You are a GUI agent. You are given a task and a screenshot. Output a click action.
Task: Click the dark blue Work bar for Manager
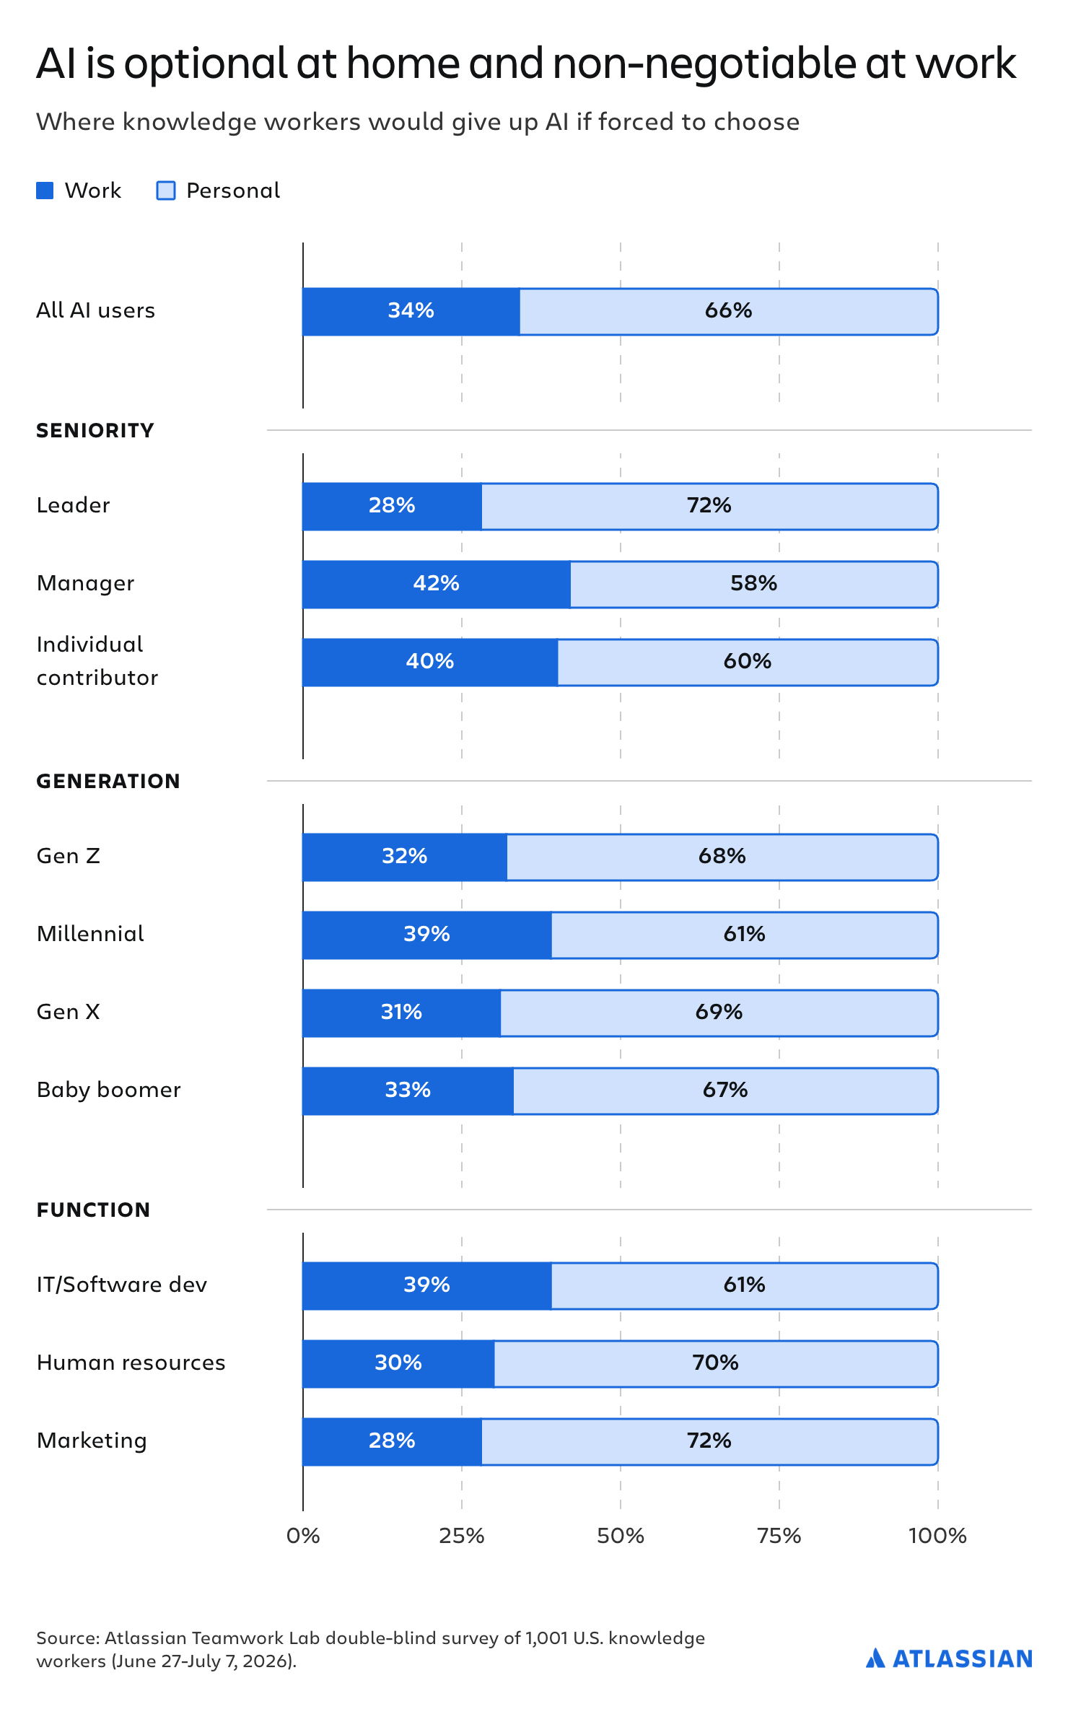coord(437,585)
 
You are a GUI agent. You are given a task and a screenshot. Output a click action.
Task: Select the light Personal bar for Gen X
coord(719,1013)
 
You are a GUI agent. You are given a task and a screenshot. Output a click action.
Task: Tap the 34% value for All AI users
coord(411,310)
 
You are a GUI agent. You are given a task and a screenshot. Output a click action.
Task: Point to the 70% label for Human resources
coord(715,1363)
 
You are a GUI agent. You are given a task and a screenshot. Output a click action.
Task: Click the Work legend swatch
coord(45,191)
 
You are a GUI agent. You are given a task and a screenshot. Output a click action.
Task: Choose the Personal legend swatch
coord(166,191)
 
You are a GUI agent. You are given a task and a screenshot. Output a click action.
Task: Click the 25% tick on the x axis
coord(462,1536)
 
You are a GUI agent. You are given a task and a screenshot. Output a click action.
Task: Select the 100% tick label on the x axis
coord(937,1536)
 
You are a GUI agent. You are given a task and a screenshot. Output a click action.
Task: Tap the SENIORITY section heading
coord(95,431)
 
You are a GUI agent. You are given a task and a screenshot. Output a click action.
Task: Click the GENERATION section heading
coord(108,782)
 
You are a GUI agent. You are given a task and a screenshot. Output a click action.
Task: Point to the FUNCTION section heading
coord(93,1210)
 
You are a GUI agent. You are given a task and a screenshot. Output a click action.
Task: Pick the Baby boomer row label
coord(109,1090)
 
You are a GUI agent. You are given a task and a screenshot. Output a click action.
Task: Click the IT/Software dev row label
coord(122,1285)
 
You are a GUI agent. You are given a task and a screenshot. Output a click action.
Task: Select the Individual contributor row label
coord(97,661)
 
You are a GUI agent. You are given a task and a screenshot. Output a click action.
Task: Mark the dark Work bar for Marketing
coord(392,1442)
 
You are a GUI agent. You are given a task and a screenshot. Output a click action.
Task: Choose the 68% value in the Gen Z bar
coord(722,856)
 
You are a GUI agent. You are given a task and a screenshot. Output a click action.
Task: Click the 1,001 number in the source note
coord(546,1638)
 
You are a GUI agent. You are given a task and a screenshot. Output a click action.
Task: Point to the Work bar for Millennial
coord(427,935)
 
